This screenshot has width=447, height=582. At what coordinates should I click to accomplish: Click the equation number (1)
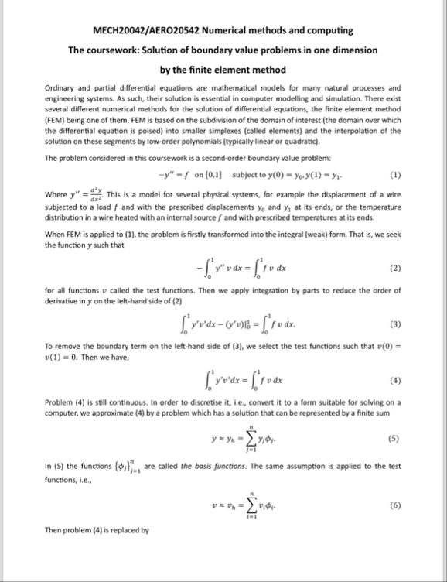395,173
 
